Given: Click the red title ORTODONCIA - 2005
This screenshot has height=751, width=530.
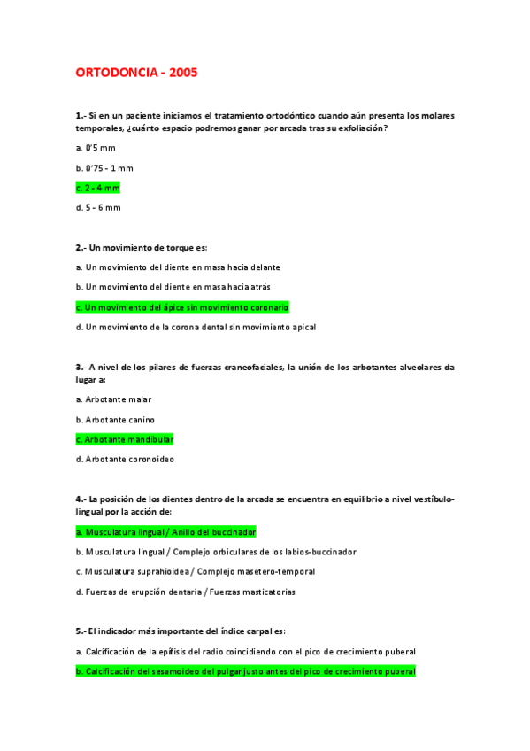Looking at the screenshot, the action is pyautogui.click(x=136, y=73).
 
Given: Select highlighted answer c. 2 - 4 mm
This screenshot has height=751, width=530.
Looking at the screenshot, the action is pyautogui.click(x=97, y=188).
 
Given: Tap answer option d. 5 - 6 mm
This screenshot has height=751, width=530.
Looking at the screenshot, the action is pyautogui.click(x=97, y=207).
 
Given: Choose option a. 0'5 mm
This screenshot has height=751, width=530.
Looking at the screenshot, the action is pyautogui.click(x=95, y=148).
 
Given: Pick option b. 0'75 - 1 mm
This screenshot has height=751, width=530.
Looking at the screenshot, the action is pyautogui.click(x=104, y=167).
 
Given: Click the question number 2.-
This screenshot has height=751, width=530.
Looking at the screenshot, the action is pyautogui.click(x=81, y=247).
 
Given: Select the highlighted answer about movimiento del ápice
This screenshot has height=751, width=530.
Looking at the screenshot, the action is pyautogui.click(x=182, y=307).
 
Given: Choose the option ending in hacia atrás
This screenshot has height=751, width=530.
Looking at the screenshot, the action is pyautogui.click(x=160, y=287).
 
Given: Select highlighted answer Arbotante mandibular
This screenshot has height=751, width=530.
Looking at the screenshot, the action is pyautogui.click(x=124, y=439).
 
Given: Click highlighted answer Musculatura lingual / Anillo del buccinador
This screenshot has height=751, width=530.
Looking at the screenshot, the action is pyautogui.click(x=165, y=532).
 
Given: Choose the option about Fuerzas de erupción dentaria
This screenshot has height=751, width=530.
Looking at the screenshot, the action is pyautogui.click(x=185, y=592).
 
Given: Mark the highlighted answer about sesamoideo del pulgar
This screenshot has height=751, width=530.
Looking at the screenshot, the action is pyautogui.click(x=245, y=671).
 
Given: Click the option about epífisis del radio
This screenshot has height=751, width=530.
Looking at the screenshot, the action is pyautogui.click(x=245, y=652).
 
